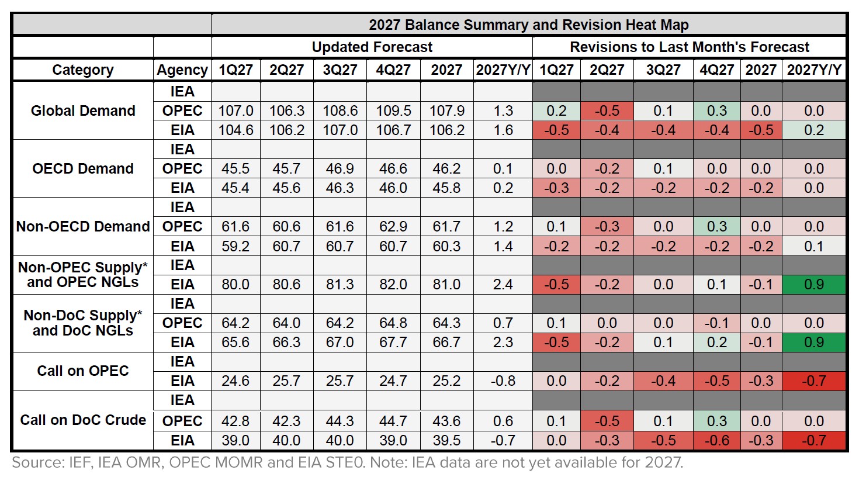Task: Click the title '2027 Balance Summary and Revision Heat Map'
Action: (528, 25)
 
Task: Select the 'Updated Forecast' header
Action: (372, 47)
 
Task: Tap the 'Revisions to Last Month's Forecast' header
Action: (689, 47)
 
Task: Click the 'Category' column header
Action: (82, 70)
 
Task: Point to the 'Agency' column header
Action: (182, 70)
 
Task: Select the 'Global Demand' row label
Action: (82, 110)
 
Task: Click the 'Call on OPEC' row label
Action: (82, 371)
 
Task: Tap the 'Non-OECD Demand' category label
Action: (82, 227)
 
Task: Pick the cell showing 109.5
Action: (393, 111)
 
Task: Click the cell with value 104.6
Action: (235, 130)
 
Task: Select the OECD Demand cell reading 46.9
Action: (340, 169)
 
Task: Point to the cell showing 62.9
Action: (393, 227)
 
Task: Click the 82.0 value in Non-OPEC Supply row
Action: (393, 285)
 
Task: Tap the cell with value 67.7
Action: (393, 343)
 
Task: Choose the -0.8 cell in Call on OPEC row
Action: (503, 381)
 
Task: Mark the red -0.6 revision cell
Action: (716, 441)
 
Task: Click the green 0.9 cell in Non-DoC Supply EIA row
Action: (813, 343)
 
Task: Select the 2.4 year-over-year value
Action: (503, 285)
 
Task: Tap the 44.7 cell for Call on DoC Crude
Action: (393, 421)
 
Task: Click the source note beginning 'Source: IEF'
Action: (347, 463)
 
